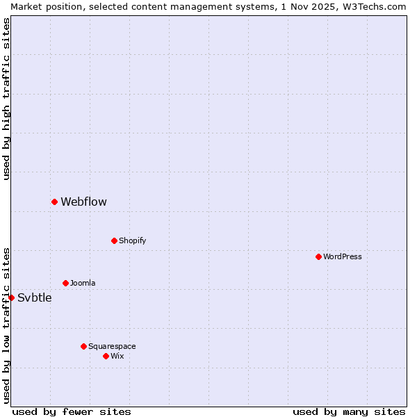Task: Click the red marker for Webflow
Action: pyautogui.click(x=54, y=202)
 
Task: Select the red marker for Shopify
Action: pyautogui.click(x=114, y=240)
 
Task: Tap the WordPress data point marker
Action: pyautogui.click(x=318, y=256)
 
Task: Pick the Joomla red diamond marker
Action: pyautogui.click(x=65, y=283)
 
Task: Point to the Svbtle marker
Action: pyautogui.click(x=11, y=297)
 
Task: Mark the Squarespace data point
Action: pyautogui.click(x=83, y=346)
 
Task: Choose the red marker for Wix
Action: pyautogui.click(x=106, y=356)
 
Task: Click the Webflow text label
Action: pyautogui.click(x=83, y=202)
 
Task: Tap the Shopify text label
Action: pyautogui.click(x=132, y=241)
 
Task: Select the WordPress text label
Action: pyautogui.click(x=342, y=257)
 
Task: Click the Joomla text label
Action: pyautogui.click(x=83, y=284)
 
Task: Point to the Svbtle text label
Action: pyautogui.click(x=34, y=298)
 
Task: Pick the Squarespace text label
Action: pyautogui.click(x=112, y=347)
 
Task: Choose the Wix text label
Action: pyautogui.click(x=117, y=357)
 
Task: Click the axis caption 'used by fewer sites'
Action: pyautogui.click(x=72, y=411)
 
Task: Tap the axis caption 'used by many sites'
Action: pyautogui.click(x=349, y=411)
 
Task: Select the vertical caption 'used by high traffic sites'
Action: pyautogui.click(x=7, y=99)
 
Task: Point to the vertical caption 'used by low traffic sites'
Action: pyautogui.click(x=7, y=325)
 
